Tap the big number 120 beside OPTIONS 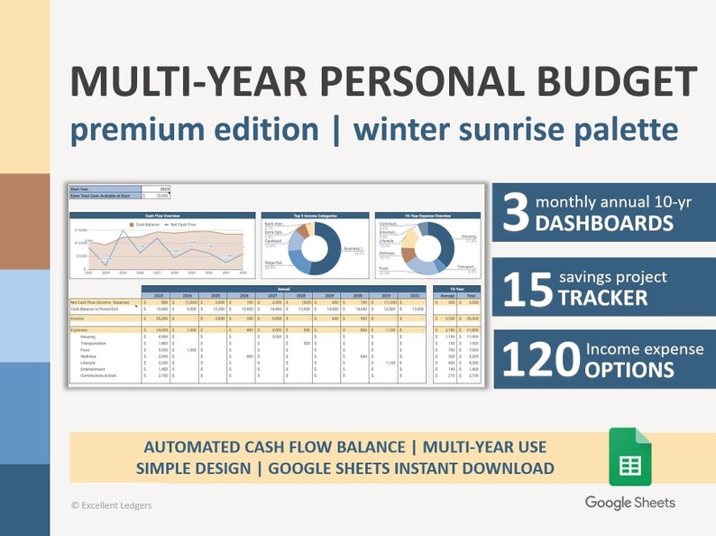(538, 359)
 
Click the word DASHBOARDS (603, 225)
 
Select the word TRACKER (601, 298)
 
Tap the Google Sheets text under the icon (629, 503)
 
